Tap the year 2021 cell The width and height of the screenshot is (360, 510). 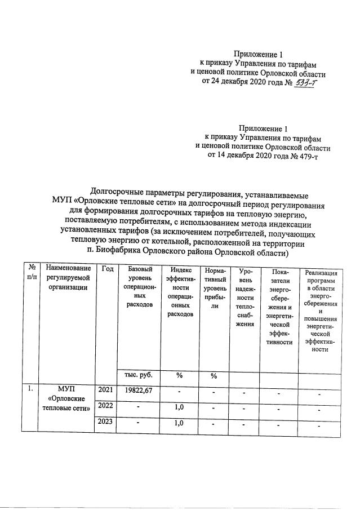coord(105,390)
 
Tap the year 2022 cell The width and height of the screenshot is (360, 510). coord(105,406)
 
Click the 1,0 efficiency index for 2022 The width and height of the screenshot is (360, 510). coord(180,407)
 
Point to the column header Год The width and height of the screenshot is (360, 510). coord(107,269)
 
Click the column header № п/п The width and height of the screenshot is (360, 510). coord(32,273)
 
